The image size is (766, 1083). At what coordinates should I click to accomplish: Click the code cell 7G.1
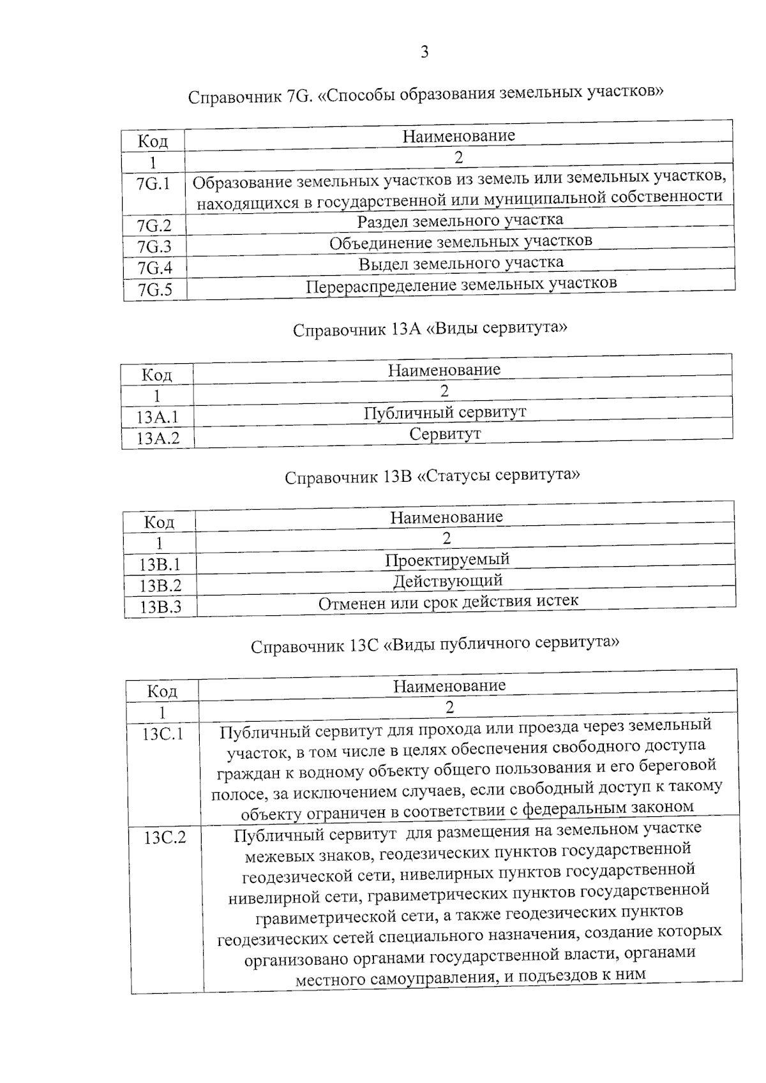tap(153, 184)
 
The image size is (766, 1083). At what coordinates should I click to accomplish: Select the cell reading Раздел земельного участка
tap(460, 221)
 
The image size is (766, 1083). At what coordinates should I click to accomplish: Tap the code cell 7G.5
tap(155, 290)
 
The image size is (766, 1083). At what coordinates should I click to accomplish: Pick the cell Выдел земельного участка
tap(460, 263)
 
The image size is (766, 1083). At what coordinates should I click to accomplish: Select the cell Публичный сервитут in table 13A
tap(445, 412)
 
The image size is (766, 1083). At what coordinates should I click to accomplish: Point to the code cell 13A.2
tap(158, 438)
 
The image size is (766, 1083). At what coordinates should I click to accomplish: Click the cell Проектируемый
tap(447, 560)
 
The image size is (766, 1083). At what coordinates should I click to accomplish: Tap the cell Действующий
tap(447, 581)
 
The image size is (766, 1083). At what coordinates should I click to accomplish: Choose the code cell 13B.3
tap(160, 606)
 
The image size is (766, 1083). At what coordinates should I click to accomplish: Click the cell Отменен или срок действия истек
tap(448, 601)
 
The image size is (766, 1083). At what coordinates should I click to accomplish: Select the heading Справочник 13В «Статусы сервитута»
tap(432, 477)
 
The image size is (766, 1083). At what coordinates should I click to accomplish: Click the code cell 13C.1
tap(163, 734)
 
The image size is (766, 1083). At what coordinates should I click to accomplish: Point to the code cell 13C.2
tap(165, 837)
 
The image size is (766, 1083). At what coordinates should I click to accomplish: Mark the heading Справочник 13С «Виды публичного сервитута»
tap(435, 644)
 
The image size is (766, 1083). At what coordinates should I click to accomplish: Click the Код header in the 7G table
tap(153, 140)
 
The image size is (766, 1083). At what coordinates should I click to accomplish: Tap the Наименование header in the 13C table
tap(449, 686)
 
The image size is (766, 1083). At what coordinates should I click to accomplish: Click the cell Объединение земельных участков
tap(460, 242)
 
